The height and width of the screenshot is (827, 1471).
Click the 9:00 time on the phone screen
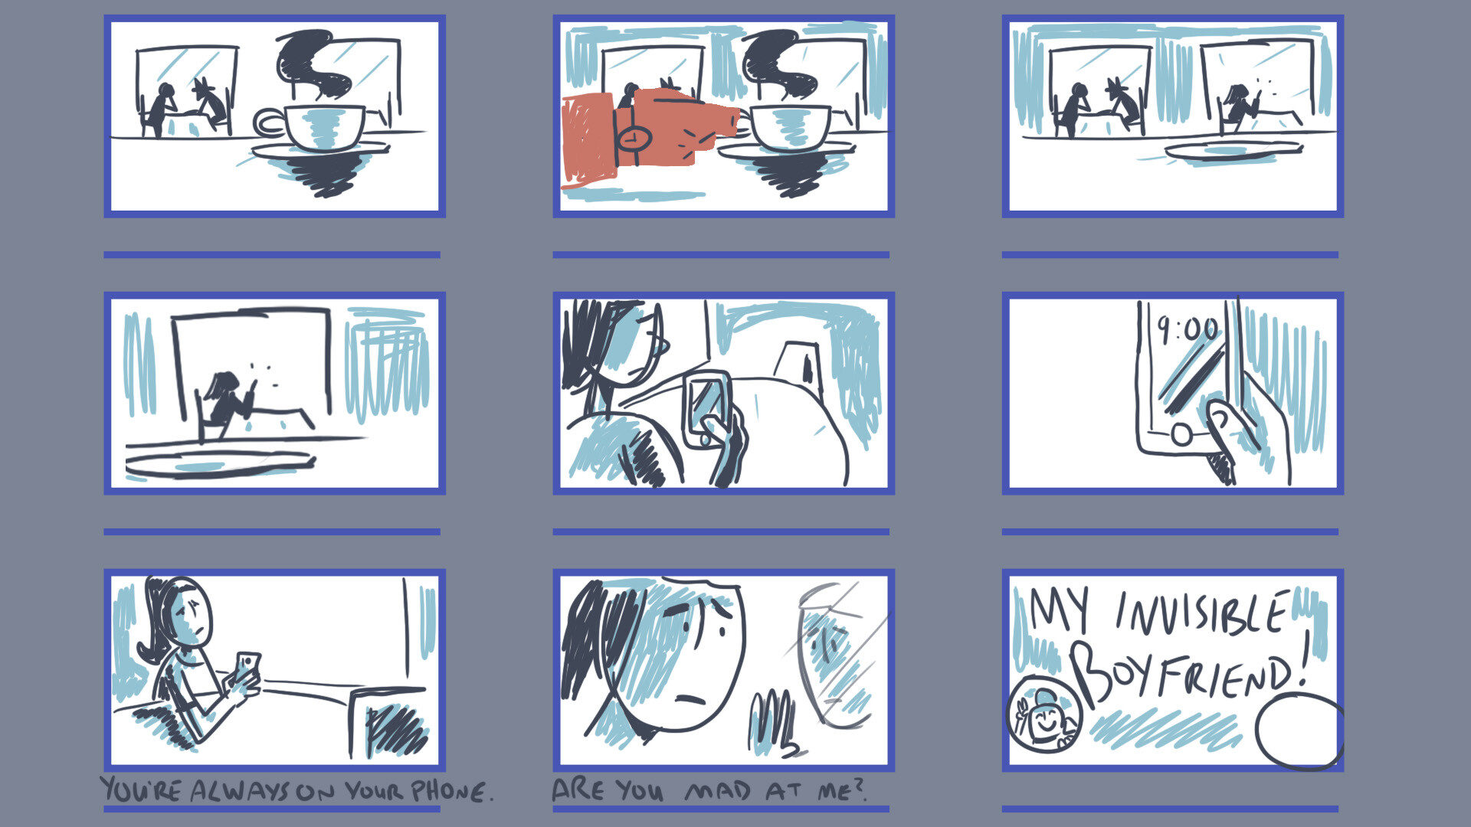pos(1187,329)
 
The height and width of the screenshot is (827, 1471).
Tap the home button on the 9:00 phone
pos(1181,435)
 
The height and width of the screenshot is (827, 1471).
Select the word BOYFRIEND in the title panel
pos(1188,670)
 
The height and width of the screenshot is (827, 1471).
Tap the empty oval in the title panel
pos(1299,731)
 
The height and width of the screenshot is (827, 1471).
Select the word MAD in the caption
pos(718,791)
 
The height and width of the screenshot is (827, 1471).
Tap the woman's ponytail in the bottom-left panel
pos(153,628)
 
